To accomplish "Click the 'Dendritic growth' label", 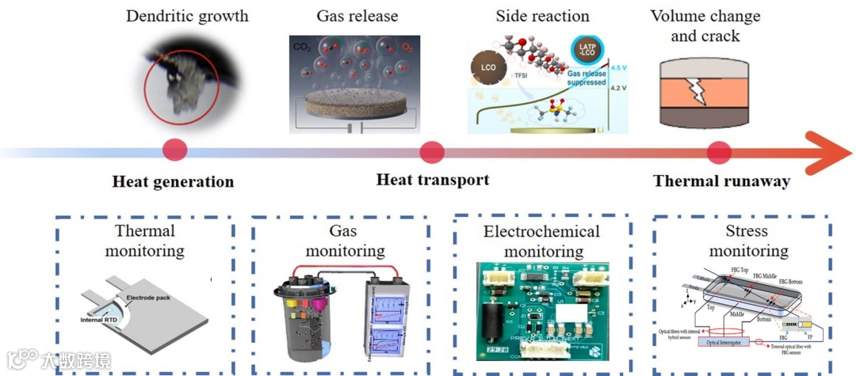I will [187, 15].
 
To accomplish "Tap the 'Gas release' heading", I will [357, 16].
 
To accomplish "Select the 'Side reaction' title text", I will [542, 16].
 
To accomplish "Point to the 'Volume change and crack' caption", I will [705, 25].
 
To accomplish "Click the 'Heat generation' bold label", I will [173, 182].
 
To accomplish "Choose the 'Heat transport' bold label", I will [432, 180].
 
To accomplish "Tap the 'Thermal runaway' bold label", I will [721, 181].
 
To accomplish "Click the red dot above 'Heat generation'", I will [174, 150].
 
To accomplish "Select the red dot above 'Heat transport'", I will [431, 150].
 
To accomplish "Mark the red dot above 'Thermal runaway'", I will [718, 150].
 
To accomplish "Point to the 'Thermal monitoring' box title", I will [146, 241].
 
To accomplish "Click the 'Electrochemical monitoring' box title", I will [541, 241].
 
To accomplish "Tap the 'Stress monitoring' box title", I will [747, 241].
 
